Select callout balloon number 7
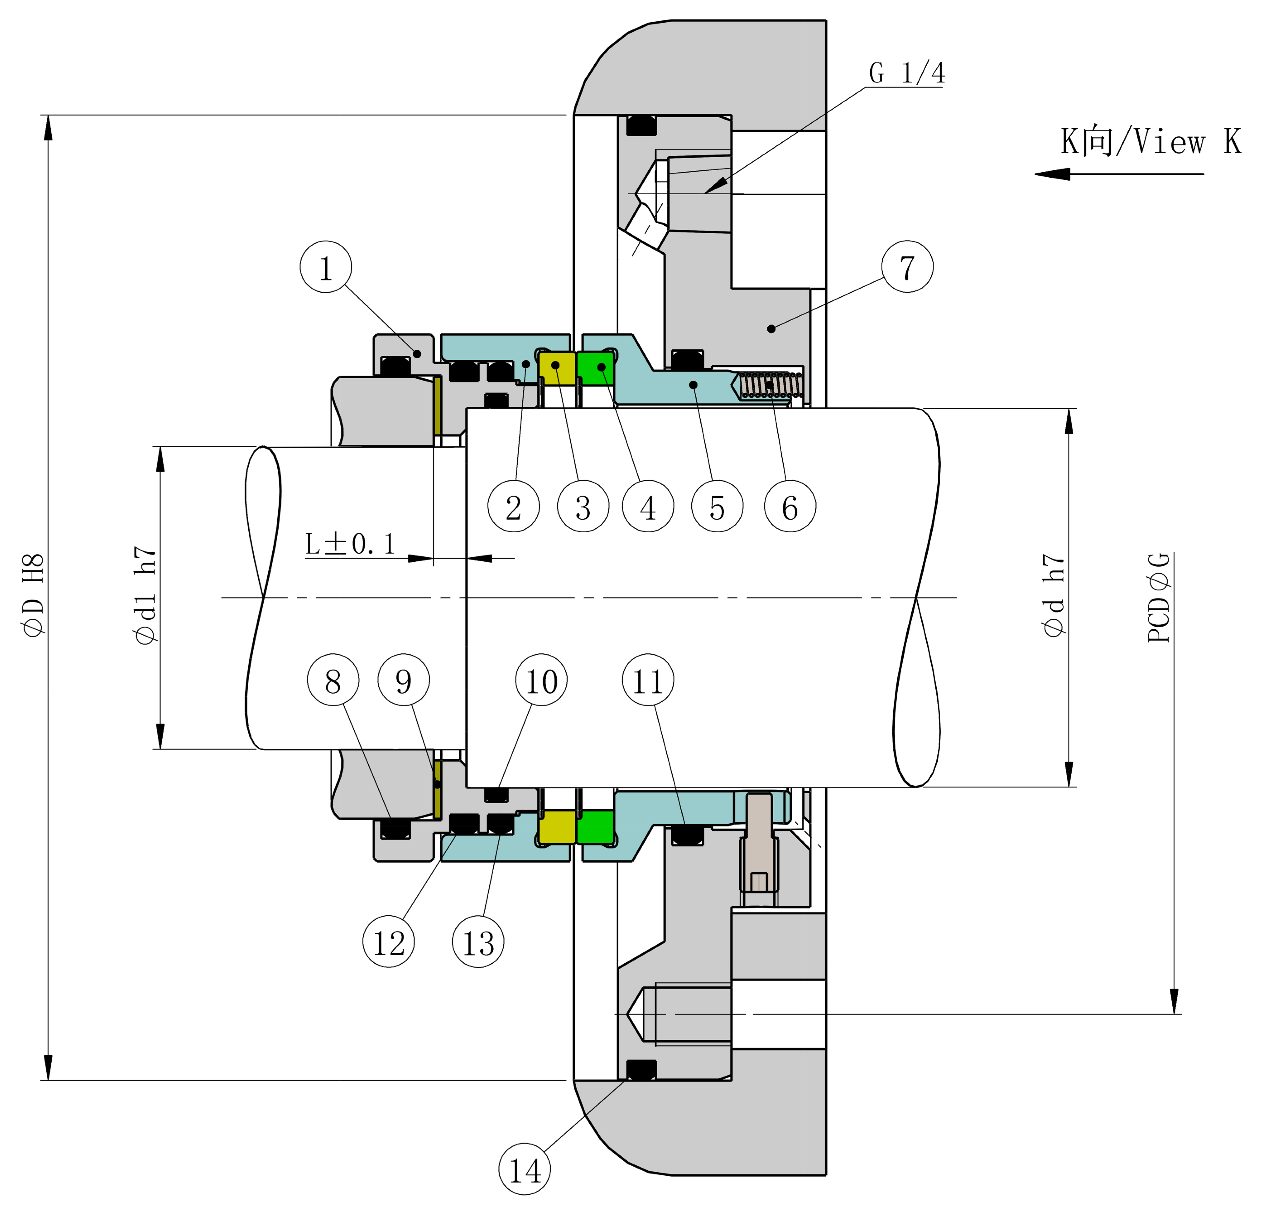907,267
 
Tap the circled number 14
525,1169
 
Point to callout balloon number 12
389,942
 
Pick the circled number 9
403,680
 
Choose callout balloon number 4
648,506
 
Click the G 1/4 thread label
907,73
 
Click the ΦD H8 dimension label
34,594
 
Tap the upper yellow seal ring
557,369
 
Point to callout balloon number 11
648,680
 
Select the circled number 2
514,506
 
